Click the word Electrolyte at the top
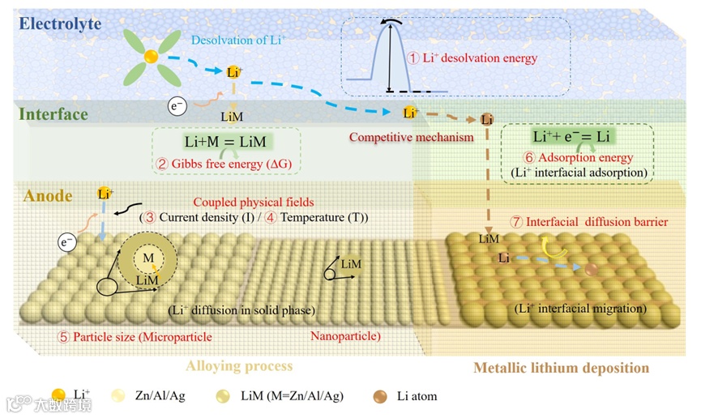[x=61, y=23]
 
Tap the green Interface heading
[x=54, y=114]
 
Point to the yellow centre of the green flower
[x=151, y=56]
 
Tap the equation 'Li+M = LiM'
[x=224, y=142]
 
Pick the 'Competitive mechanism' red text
[x=411, y=137]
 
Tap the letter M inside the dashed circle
[x=147, y=258]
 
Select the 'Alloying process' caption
[x=239, y=366]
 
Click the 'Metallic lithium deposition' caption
[x=561, y=368]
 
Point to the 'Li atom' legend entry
[x=417, y=396]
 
